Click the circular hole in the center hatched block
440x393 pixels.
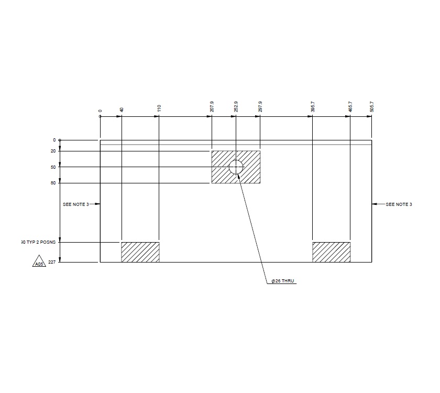(x=236, y=167)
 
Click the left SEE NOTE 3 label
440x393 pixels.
(x=75, y=204)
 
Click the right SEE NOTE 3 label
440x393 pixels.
(x=399, y=204)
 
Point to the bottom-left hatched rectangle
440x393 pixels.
(x=140, y=252)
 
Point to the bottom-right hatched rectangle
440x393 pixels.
(x=331, y=252)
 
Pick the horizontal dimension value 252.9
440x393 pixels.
(x=236, y=107)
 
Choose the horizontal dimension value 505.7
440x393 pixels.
(x=372, y=107)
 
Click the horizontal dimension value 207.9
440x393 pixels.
(x=212, y=107)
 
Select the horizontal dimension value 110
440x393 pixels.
(x=159, y=108)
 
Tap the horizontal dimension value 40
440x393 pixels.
(x=122, y=110)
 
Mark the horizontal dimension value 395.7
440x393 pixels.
(x=312, y=107)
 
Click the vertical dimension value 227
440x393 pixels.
(x=52, y=261)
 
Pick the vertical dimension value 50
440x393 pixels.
(x=53, y=167)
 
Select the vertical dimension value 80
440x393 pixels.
(x=53, y=183)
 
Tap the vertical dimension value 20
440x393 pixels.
(x=53, y=151)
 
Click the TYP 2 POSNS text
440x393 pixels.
(x=38, y=243)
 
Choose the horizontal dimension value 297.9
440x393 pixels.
(x=260, y=107)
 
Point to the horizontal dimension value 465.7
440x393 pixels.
(x=350, y=107)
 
